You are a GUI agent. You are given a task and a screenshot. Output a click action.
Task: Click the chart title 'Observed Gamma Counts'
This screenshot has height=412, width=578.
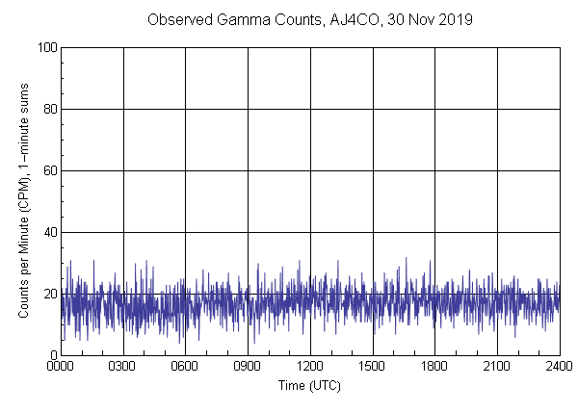[224, 19]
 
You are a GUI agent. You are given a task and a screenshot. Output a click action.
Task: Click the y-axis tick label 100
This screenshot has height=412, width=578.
[45, 47]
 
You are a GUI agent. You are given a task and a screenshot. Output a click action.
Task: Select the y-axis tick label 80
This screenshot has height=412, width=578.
[48, 109]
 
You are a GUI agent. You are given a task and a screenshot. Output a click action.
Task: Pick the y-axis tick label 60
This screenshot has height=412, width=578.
[48, 170]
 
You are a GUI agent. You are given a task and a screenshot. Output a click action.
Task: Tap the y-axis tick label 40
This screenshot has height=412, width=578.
[48, 232]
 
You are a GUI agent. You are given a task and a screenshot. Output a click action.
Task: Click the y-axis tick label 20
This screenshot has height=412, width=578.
[48, 294]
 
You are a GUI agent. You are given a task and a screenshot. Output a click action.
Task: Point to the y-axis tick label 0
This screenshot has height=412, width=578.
[52, 355]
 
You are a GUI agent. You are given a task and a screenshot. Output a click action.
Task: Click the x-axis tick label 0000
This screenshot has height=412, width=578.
[61, 367]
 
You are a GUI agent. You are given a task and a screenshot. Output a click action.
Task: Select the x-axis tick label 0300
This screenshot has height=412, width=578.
[123, 367]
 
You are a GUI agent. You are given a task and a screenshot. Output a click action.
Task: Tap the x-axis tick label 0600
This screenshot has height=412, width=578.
[185, 367]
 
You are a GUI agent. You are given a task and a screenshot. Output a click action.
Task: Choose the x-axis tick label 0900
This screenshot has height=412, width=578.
[248, 367]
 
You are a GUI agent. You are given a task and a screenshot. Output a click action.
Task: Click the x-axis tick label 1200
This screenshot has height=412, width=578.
[310, 367]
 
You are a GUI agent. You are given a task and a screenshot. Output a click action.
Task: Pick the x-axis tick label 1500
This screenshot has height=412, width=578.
[372, 367]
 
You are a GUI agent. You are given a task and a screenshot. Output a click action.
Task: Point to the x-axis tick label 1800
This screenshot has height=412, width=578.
[434, 367]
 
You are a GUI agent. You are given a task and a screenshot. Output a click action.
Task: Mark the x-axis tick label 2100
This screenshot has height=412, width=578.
[497, 367]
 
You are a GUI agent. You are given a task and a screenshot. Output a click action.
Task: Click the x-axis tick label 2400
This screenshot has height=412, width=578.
[559, 367]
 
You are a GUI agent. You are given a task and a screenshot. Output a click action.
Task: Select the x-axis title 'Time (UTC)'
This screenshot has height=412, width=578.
[309, 385]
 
